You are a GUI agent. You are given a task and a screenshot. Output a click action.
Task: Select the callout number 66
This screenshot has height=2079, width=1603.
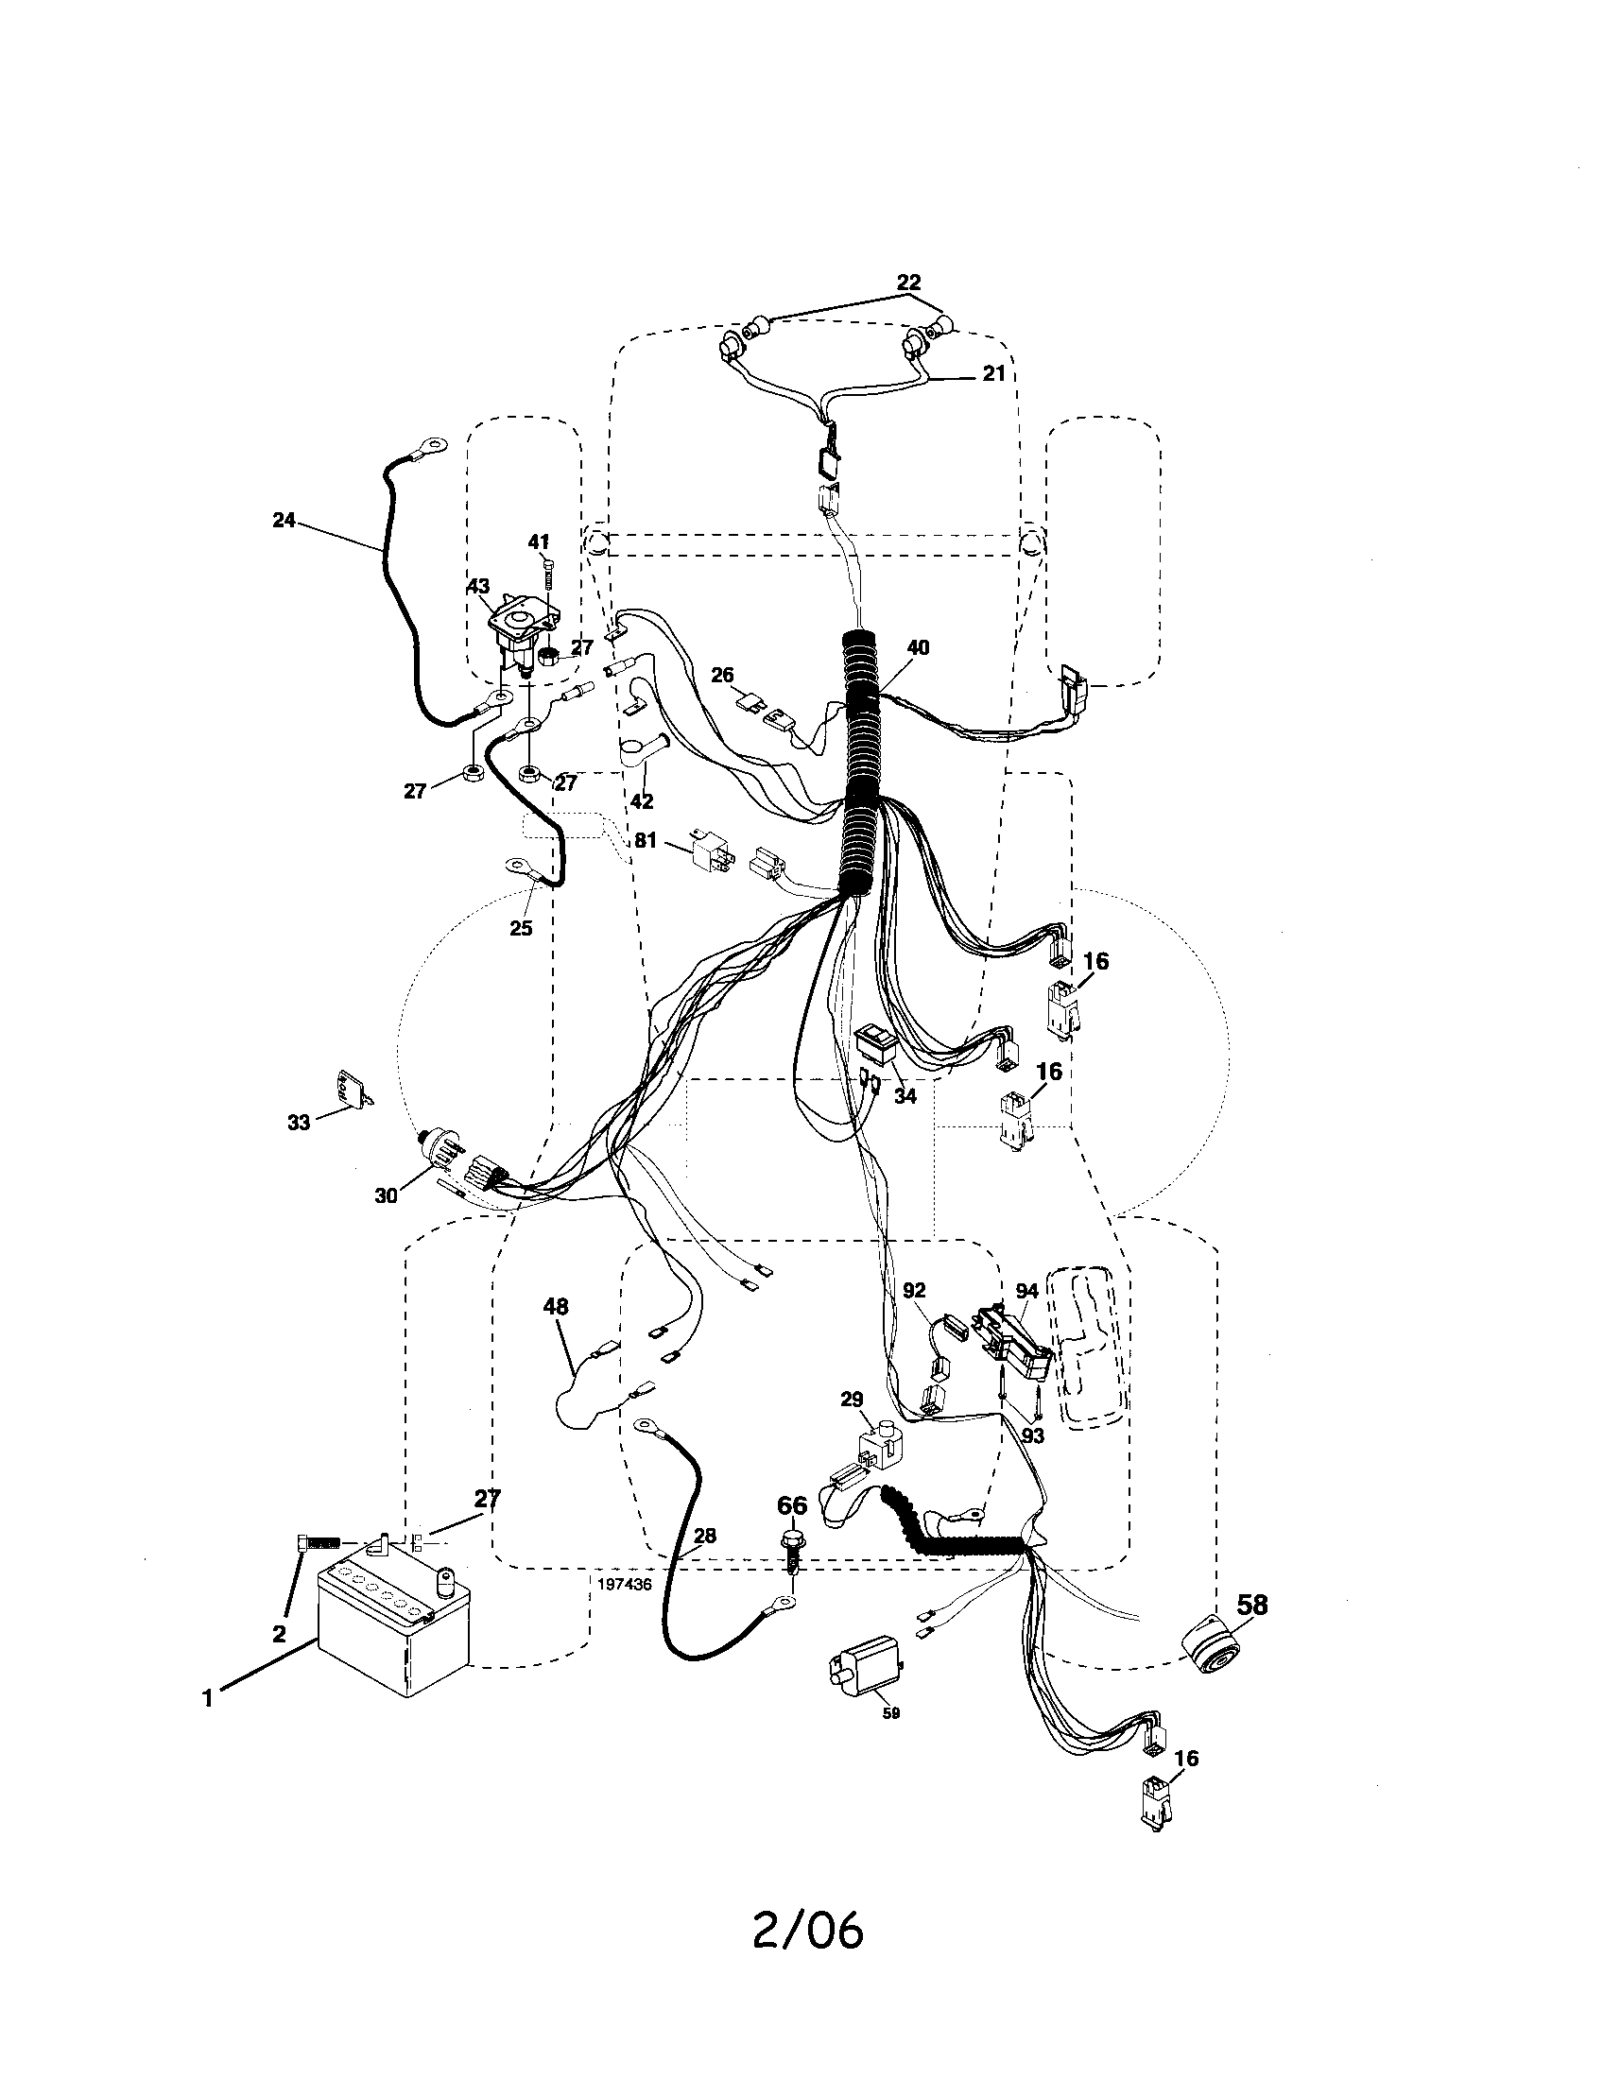pyautogui.click(x=792, y=1505)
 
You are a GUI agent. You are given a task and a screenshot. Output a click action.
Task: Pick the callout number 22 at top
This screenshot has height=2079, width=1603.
pyautogui.click(x=909, y=283)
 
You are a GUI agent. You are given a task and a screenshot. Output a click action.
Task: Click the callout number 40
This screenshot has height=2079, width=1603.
pyautogui.click(x=918, y=647)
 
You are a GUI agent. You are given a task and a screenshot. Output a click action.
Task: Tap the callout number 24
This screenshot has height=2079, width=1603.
pyautogui.click(x=284, y=521)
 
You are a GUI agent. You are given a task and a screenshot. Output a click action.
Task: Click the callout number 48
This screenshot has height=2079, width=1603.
pyautogui.click(x=556, y=1307)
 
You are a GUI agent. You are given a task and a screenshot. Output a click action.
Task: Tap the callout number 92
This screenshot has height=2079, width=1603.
pyautogui.click(x=914, y=1291)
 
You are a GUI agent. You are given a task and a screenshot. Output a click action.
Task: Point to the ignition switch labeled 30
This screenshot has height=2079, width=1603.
pyautogui.click(x=444, y=1152)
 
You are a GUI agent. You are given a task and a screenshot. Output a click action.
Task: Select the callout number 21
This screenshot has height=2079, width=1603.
pyautogui.click(x=993, y=374)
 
